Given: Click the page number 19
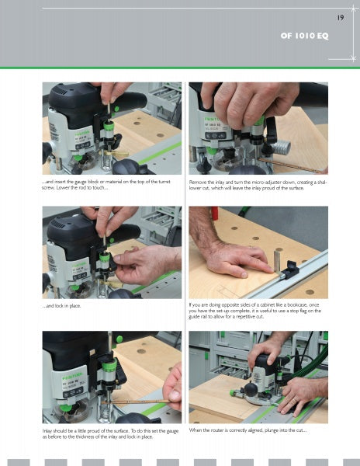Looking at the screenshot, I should click(341, 17).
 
